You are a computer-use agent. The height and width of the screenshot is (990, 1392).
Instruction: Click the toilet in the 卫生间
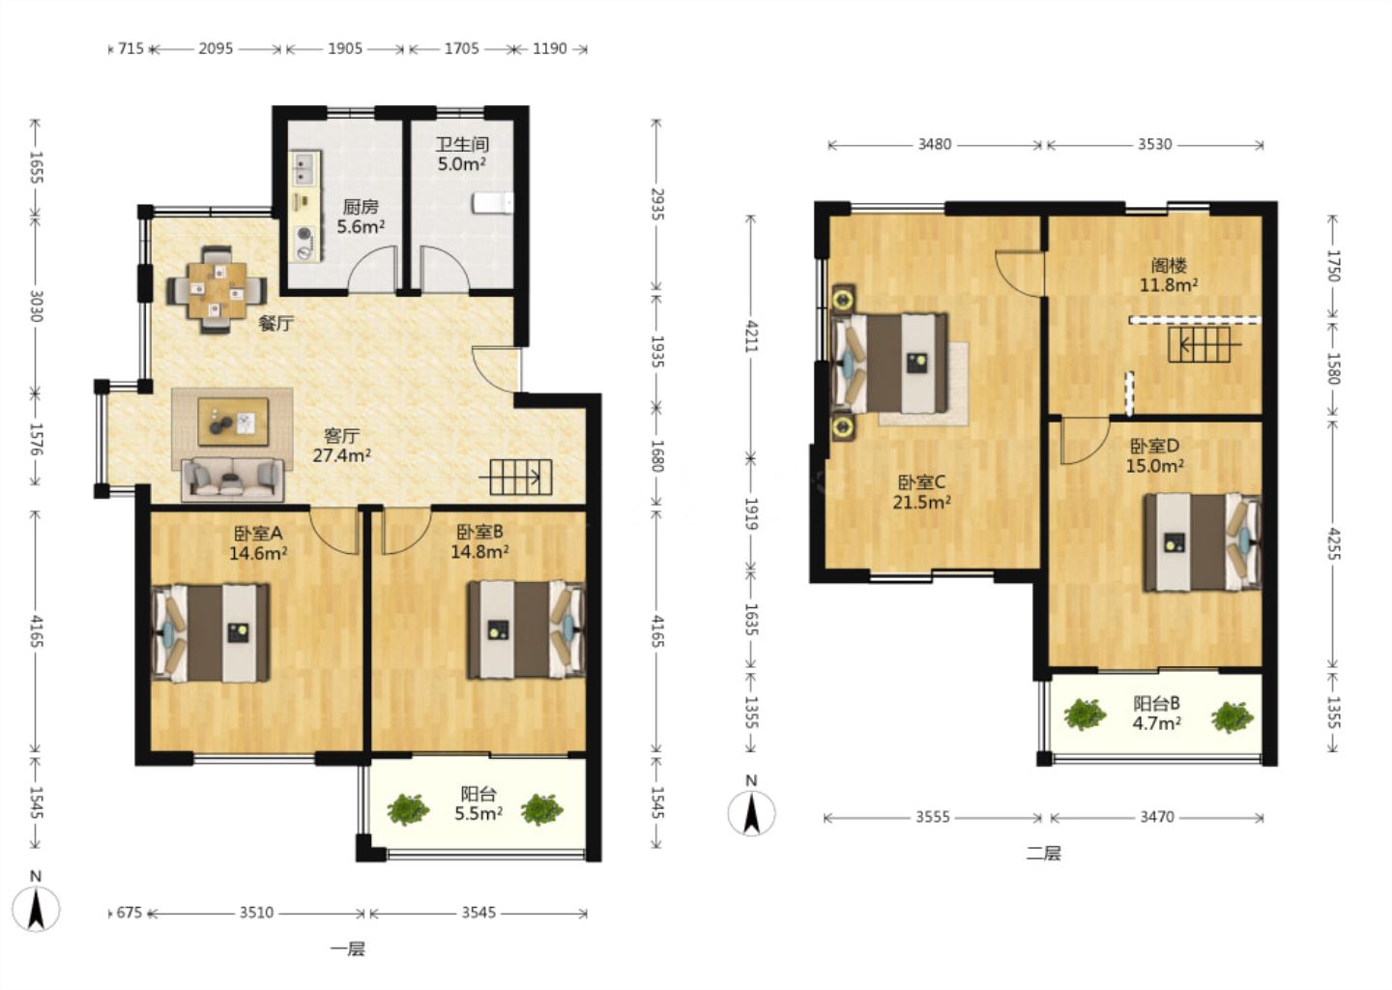(x=493, y=203)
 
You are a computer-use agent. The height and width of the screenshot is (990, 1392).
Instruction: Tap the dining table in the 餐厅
(x=217, y=289)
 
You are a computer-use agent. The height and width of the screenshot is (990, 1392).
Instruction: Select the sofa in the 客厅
(x=232, y=480)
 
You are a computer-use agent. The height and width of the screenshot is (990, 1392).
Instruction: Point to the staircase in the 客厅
(x=516, y=478)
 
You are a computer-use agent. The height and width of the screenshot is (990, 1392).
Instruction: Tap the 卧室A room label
(x=258, y=534)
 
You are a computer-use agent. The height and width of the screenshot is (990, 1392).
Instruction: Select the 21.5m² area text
(x=921, y=502)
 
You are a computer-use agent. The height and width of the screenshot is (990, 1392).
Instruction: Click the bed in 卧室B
(x=527, y=630)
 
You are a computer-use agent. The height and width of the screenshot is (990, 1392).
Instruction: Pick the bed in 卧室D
(x=1203, y=542)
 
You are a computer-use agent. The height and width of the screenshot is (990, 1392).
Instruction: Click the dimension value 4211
(x=751, y=336)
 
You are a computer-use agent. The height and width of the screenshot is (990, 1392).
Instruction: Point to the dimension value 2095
(x=216, y=48)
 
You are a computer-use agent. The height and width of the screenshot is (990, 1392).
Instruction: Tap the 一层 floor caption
(x=348, y=949)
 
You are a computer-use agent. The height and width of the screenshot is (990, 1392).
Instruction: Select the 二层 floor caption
(x=1043, y=854)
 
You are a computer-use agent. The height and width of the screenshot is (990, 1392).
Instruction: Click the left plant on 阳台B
(x=1085, y=714)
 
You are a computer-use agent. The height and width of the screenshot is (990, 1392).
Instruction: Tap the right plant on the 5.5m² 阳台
(x=542, y=809)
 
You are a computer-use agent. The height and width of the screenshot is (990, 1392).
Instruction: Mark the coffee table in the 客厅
(x=233, y=422)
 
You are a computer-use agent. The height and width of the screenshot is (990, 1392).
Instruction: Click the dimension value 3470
(x=1157, y=817)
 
